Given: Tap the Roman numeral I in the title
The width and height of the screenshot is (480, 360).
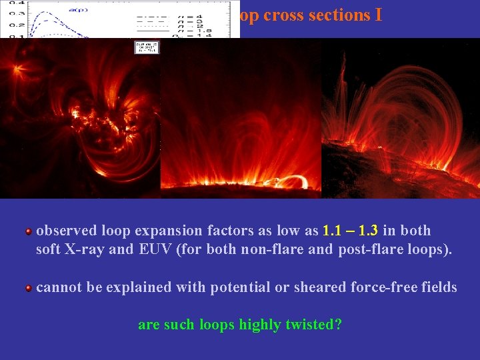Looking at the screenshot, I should pyautogui.click(x=378, y=15).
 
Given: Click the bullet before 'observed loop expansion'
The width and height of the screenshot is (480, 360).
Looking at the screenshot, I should pyautogui.click(x=29, y=231).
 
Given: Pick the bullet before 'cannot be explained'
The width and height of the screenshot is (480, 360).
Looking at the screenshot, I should pyautogui.click(x=29, y=288).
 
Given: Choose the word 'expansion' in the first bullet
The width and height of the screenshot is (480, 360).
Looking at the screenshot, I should pyautogui.click(x=171, y=231).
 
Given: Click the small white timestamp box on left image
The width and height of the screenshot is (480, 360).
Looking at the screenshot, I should pyautogui.click(x=147, y=47).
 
